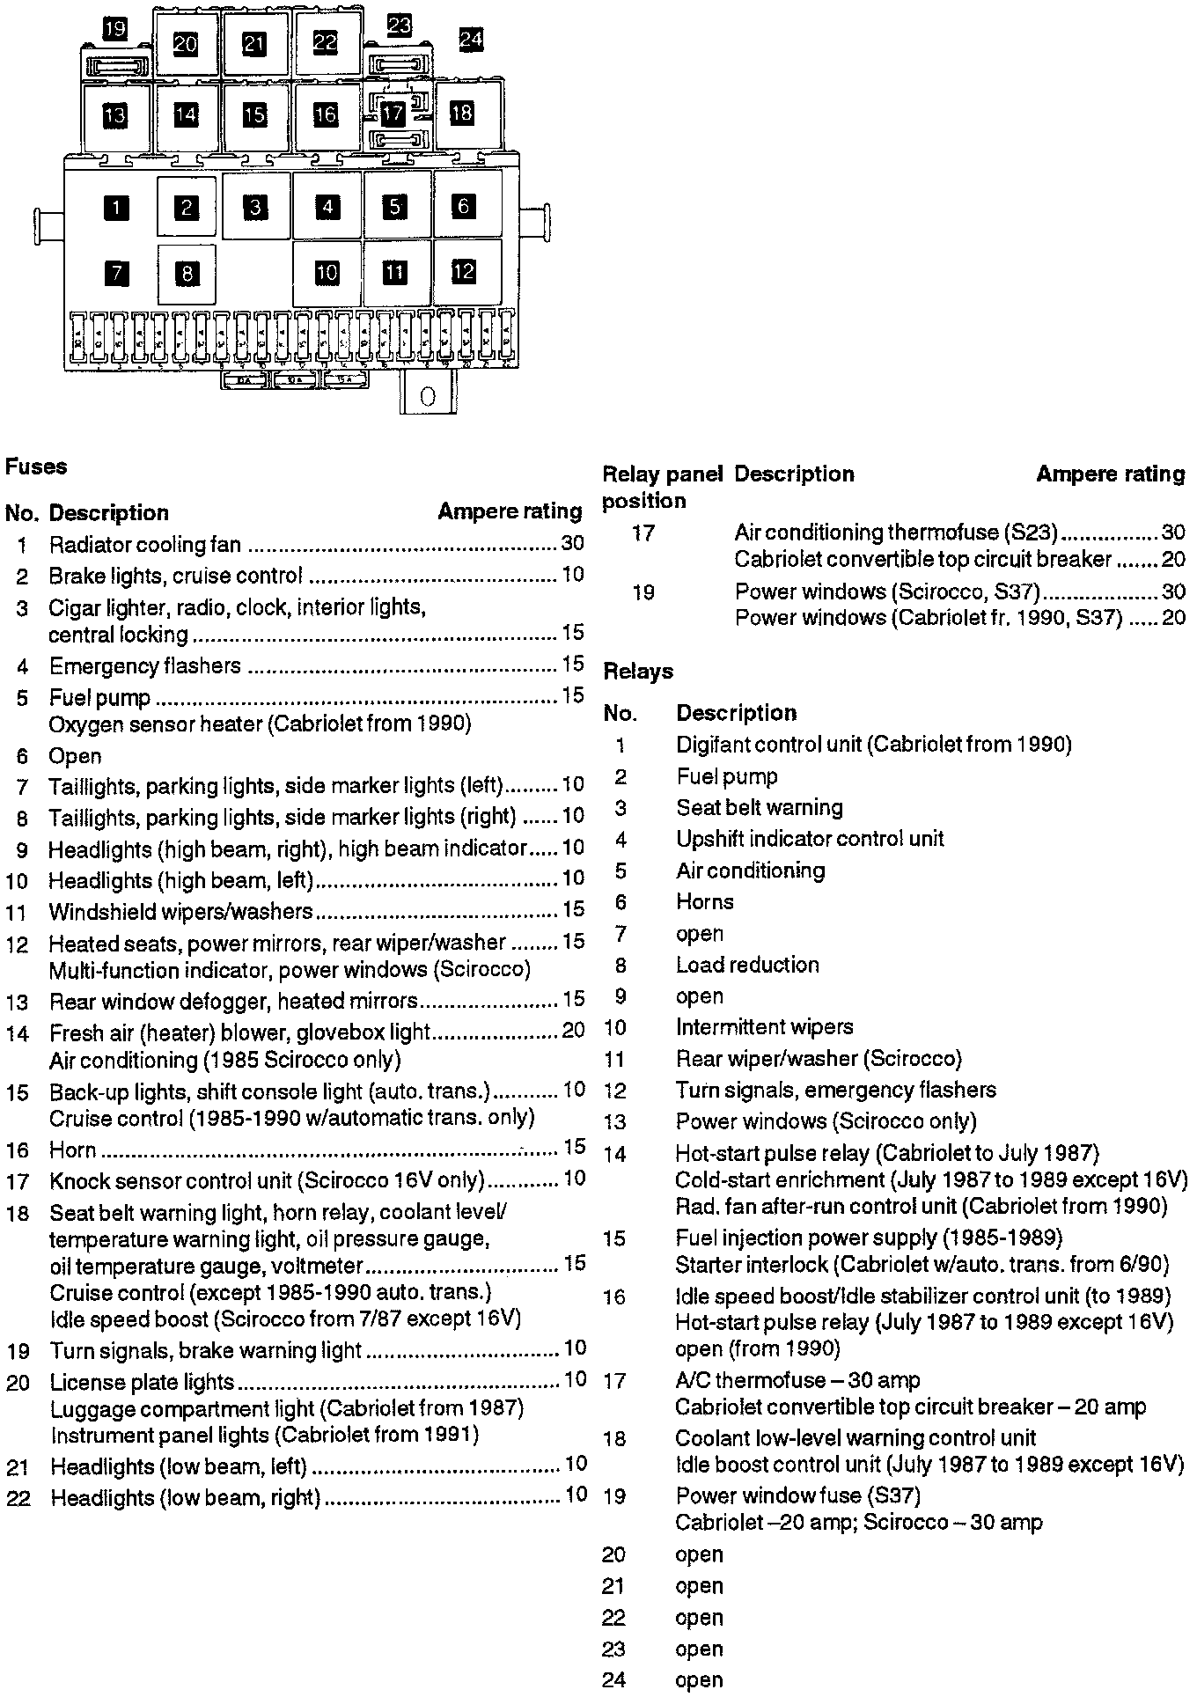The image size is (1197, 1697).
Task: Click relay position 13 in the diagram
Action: pos(114,115)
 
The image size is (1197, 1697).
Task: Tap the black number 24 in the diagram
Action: pos(471,40)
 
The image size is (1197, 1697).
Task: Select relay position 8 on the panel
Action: pos(187,274)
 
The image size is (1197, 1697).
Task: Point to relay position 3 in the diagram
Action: pos(255,208)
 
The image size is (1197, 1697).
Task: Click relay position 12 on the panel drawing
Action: pos(464,272)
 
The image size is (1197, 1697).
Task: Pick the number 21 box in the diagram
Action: pos(254,44)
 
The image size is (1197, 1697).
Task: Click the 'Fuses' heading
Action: pos(36,466)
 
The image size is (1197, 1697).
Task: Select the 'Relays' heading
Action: pos(638,671)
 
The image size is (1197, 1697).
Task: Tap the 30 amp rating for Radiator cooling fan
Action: pos(572,543)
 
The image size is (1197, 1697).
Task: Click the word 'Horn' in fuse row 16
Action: pos(72,1150)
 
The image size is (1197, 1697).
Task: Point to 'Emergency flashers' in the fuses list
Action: pos(144,665)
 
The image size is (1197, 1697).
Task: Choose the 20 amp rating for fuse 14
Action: pos(572,1030)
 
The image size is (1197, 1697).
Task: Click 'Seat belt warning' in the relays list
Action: pos(759,807)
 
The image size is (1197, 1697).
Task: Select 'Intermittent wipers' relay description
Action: pos(764,1026)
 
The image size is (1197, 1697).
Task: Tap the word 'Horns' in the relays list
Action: pos(704,901)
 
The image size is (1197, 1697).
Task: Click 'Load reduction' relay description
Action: pos(747,965)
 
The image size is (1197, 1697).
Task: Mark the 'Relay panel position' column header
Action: pos(662,487)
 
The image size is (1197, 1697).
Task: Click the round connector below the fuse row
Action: pos(429,397)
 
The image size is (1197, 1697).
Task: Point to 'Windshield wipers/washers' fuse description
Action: pos(180,911)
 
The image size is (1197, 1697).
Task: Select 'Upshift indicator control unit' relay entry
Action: pos(810,839)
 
